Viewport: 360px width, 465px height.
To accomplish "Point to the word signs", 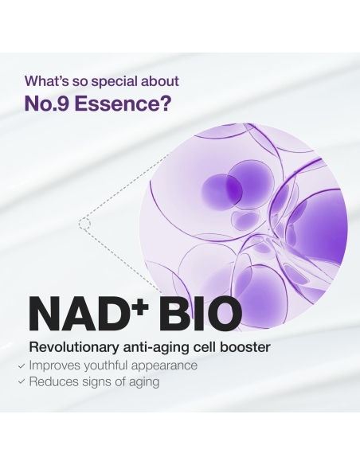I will pos(99,382).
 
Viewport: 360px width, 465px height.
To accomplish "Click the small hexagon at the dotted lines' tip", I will pos(84,224).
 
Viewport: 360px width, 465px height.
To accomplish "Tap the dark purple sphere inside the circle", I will pos(220,189).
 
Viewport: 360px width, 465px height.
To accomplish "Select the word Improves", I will pos(56,366).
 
